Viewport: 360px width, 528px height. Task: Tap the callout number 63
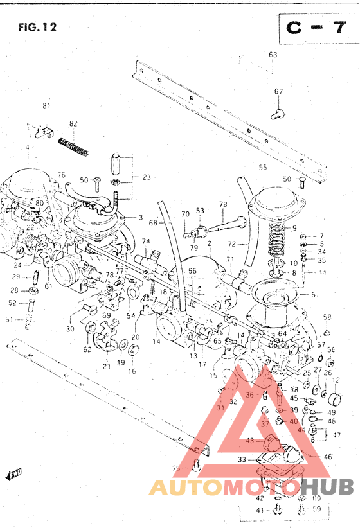point(273,55)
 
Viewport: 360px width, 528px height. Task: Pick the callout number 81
point(46,106)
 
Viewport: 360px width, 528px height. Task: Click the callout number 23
point(147,177)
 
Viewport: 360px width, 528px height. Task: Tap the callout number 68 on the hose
point(153,224)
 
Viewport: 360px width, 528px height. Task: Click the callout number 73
point(223,205)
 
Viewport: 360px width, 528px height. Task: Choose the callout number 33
point(241,460)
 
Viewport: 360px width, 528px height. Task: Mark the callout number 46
point(328,457)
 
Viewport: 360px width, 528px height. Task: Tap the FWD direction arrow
point(14,475)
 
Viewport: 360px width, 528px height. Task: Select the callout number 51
point(10,319)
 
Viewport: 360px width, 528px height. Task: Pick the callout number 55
point(262,168)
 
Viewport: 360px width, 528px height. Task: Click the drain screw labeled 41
point(278,510)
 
